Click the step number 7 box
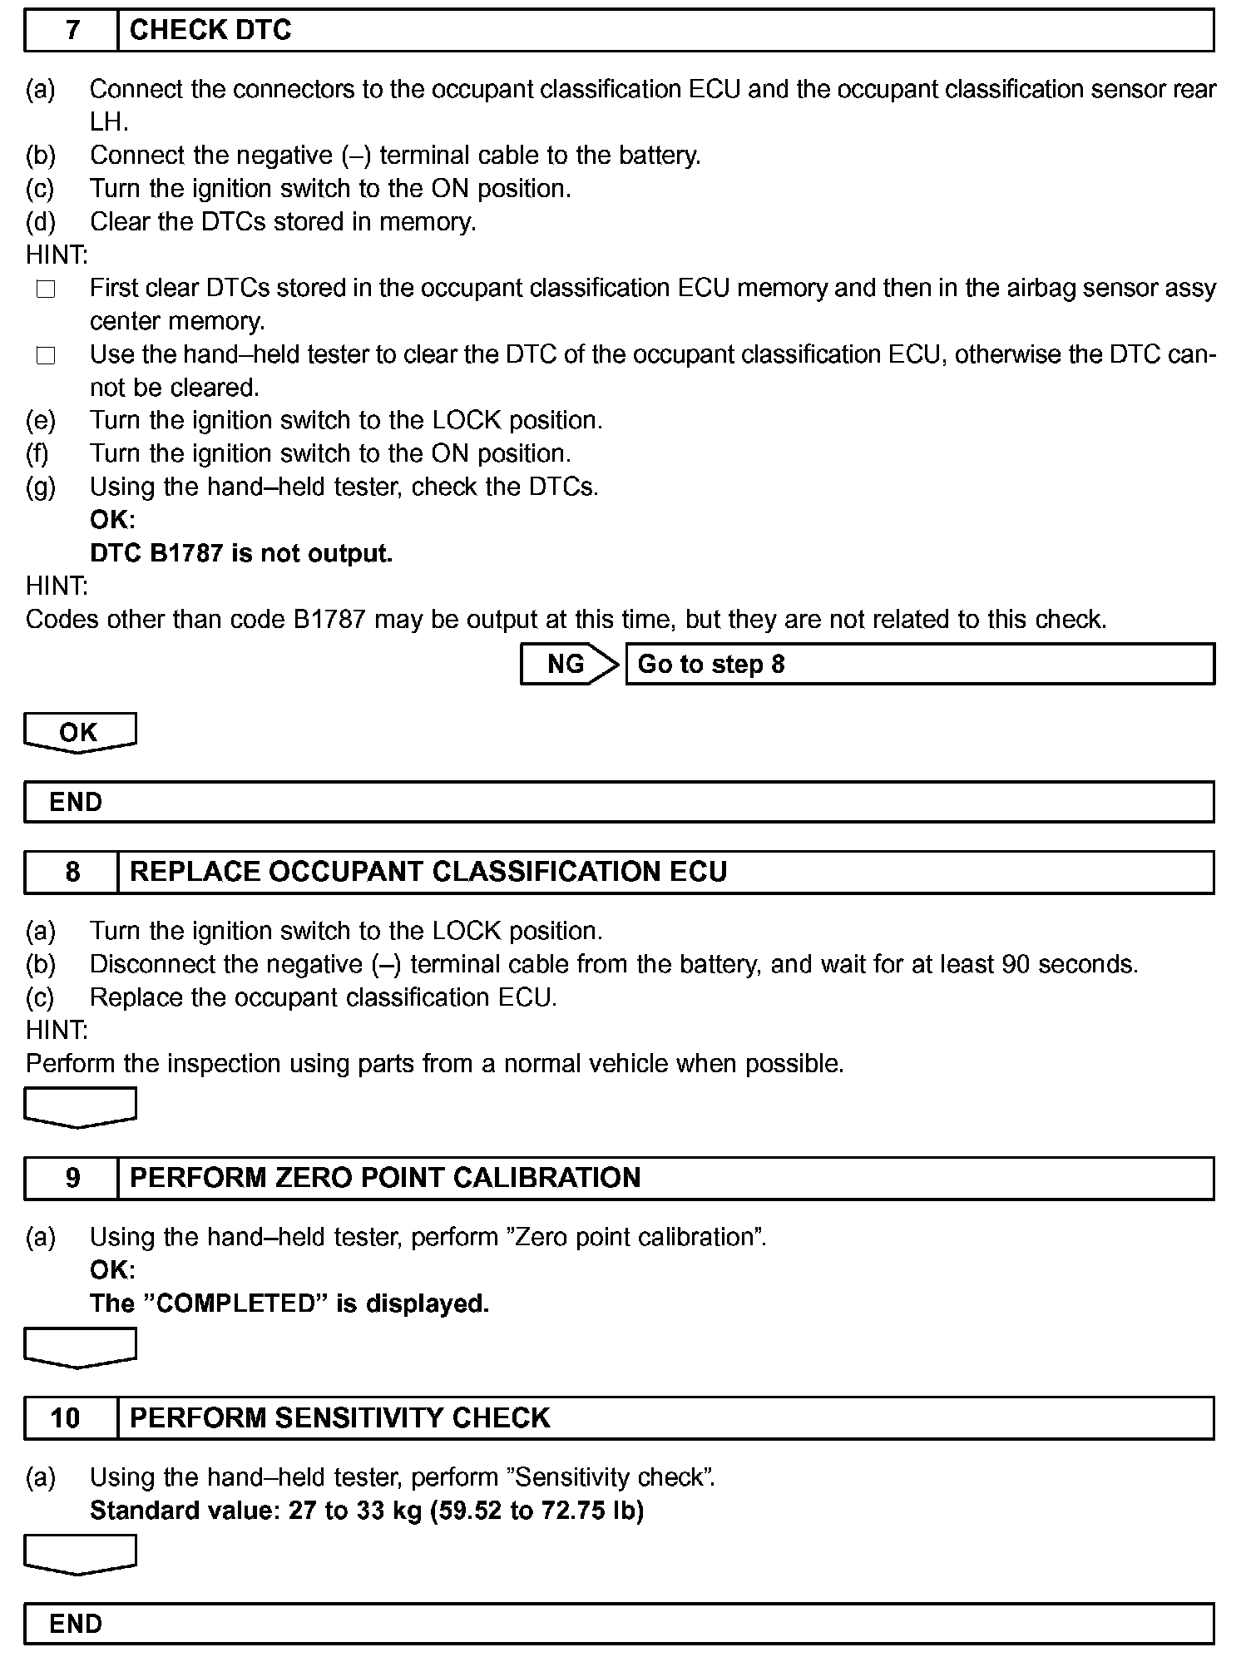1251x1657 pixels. click(x=72, y=31)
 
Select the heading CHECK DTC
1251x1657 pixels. click(x=210, y=31)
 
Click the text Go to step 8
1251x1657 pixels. click(x=711, y=664)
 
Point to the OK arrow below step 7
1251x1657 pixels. click(x=80, y=733)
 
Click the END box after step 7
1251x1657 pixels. click(x=619, y=802)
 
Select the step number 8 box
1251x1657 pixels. click(x=72, y=872)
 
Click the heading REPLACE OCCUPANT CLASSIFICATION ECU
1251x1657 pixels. click(x=428, y=872)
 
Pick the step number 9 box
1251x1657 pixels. click(x=72, y=1178)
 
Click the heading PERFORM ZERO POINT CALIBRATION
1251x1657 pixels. click(x=385, y=1178)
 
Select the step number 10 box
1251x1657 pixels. click(x=67, y=1417)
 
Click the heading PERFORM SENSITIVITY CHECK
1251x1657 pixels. click(x=340, y=1417)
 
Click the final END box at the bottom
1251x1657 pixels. click(x=619, y=1624)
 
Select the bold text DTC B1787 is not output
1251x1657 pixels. click(x=241, y=553)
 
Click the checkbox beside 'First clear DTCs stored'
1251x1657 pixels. click(x=46, y=289)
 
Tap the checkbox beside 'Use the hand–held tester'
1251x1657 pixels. click(x=46, y=356)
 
